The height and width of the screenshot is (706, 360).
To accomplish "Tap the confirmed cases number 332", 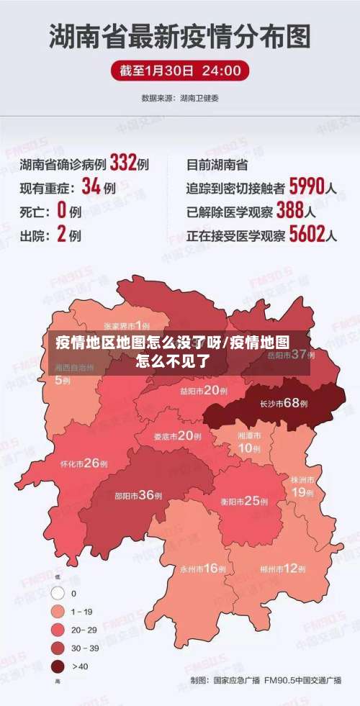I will coord(123,163).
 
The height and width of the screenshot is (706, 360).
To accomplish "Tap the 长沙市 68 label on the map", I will coord(283,403).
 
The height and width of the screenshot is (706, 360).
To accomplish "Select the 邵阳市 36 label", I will coord(138,495).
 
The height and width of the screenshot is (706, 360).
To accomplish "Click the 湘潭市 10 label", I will coord(250,443).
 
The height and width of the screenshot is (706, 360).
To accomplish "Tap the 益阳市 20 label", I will coord(203,390).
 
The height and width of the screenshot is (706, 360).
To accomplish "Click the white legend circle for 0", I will coord(58,593).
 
